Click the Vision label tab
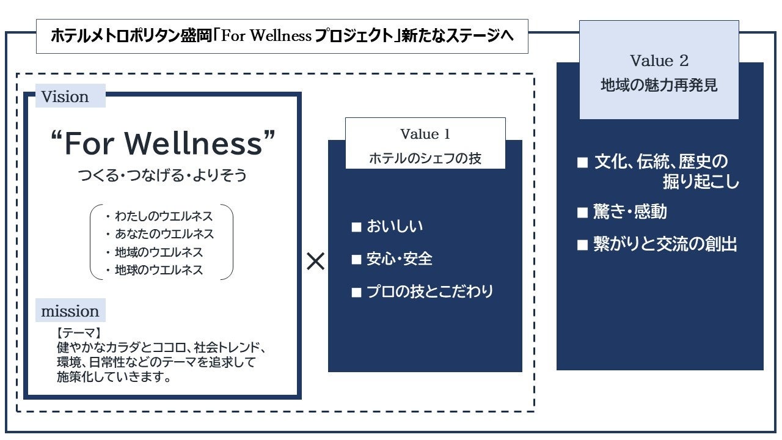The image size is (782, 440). coord(65,97)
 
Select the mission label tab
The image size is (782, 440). coord(70,311)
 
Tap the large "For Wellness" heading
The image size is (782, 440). coord(163,143)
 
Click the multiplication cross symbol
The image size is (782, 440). coord(316,262)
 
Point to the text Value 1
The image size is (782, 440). coord(425,134)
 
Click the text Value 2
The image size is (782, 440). coord(659,61)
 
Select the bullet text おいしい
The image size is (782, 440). coord(395,227)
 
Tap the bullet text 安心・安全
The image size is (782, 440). coord(400,259)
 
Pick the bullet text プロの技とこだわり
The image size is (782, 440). coord(429,291)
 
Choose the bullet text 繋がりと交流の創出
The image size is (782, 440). coord(665,244)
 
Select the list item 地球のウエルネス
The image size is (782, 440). coord(159,269)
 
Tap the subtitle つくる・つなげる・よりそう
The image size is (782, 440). coord(163,175)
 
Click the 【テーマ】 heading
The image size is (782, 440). coord(78,333)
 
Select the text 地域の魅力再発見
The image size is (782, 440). coord(659,85)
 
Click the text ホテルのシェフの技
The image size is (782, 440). coord(425,158)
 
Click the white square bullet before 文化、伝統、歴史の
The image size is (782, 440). coord(583,163)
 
